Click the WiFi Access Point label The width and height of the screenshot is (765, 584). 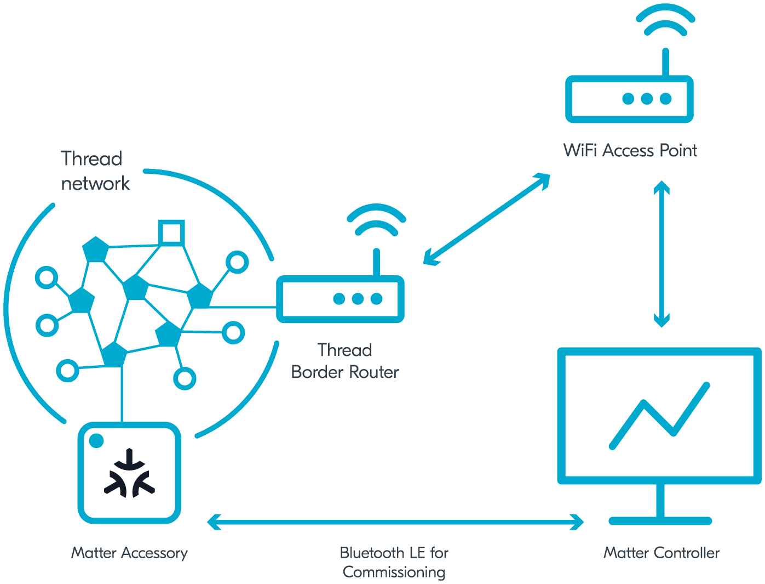(630, 150)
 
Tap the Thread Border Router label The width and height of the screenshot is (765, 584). (344, 361)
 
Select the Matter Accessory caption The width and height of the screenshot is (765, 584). (129, 553)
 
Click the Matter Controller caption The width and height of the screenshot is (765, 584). (661, 553)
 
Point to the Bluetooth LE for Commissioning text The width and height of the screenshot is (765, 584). (394, 562)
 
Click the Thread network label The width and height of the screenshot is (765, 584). (94, 171)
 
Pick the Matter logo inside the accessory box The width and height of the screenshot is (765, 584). (129, 473)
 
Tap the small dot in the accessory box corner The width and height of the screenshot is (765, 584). (96, 440)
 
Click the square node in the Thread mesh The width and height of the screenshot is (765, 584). (171, 233)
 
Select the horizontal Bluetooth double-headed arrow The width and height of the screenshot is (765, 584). (394, 522)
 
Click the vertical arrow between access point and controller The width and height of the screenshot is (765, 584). (662, 253)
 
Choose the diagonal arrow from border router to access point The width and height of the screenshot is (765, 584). (486, 219)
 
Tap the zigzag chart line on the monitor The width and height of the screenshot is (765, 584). (659, 415)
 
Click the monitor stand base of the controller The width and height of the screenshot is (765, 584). (660, 520)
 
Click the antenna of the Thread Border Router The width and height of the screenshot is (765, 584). (376, 262)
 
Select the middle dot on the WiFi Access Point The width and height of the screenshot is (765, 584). (647, 99)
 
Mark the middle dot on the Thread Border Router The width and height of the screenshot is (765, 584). (358, 299)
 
